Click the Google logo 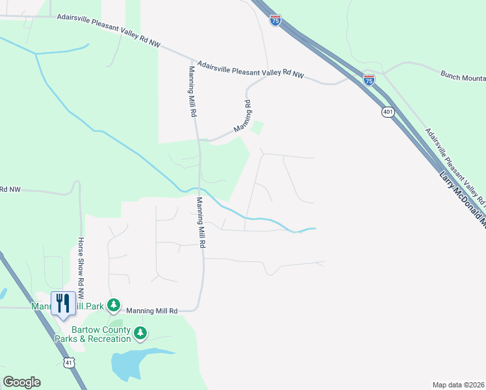21,382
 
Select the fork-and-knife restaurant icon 63,304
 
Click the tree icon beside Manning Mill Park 114,304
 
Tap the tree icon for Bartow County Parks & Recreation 140,334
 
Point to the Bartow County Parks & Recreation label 92,334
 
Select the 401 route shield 388,112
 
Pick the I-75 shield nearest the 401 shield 369,80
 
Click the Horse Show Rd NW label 81,263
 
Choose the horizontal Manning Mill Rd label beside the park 151,311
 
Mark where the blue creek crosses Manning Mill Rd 199,189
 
